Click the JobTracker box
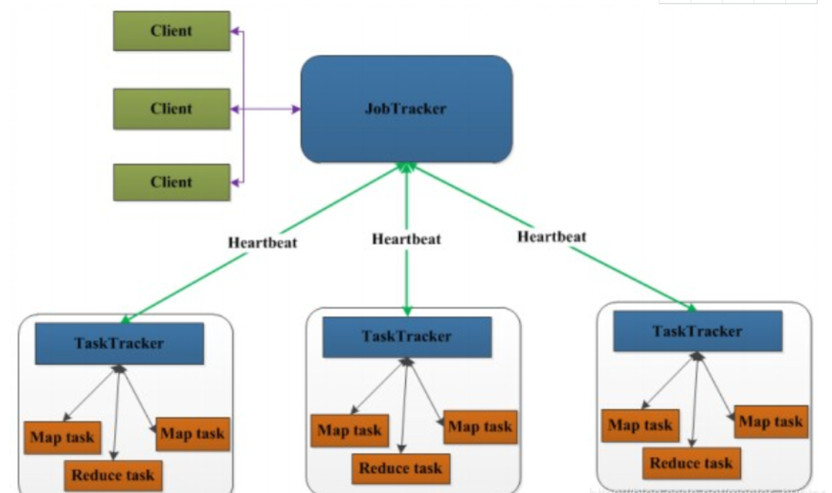click(x=407, y=109)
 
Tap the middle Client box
click(x=171, y=108)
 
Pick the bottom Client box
click(x=171, y=182)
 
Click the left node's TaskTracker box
click(x=119, y=343)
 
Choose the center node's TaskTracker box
click(x=407, y=337)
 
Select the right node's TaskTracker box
click(x=697, y=331)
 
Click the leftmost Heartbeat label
click(x=263, y=241)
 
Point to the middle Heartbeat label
click(x=406, y=238)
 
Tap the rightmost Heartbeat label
click(x=551, y=235)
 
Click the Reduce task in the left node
click(x=113, y=473)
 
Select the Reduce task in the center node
click(x=400, y=469)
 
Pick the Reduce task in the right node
click(x=691, y=463)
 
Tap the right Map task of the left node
click(x=193, y=433)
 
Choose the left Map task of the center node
click(x=349, y=431)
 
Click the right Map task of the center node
click(x=480, y=426)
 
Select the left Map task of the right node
click(x=639, y=425)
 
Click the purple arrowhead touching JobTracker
click(x=295, y=109)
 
